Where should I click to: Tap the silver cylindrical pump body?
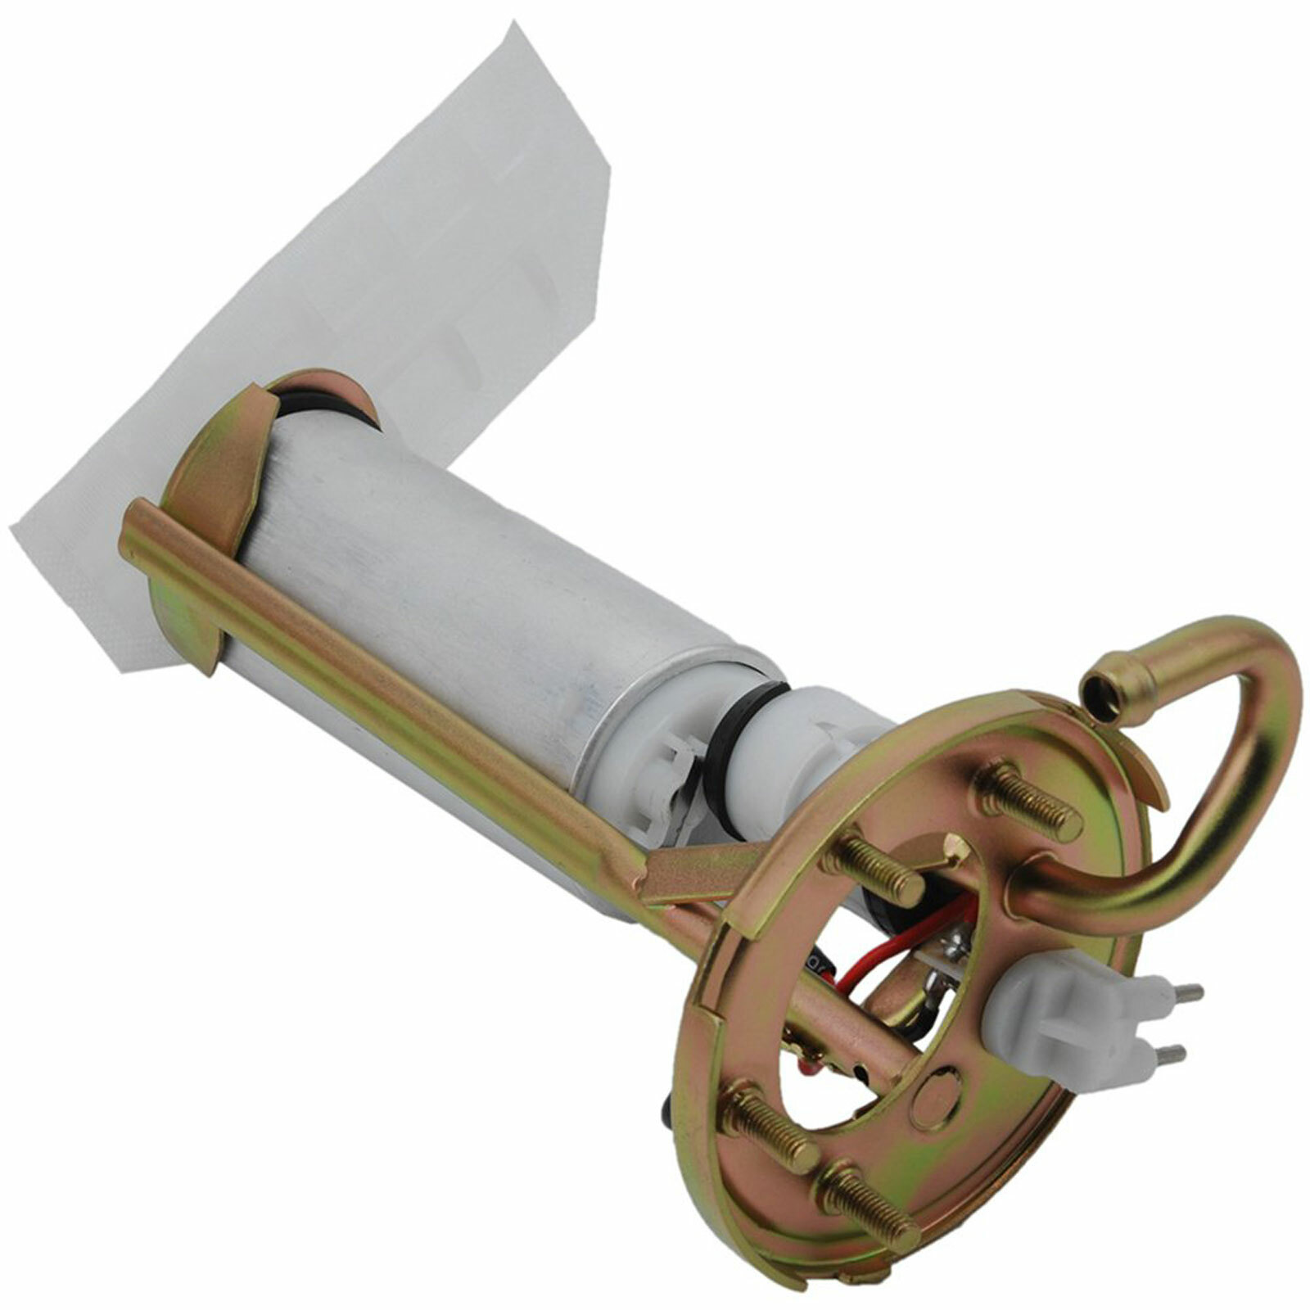coord(458,589)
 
